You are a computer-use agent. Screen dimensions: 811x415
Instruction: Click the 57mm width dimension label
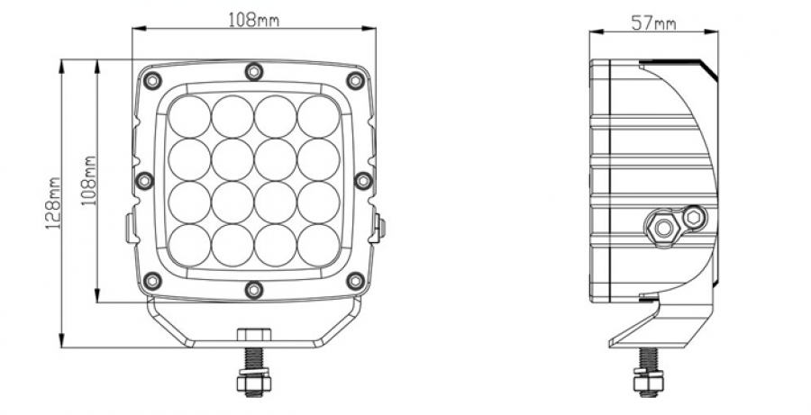(653, 23)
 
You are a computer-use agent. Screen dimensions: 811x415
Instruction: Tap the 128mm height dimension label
(53, 203)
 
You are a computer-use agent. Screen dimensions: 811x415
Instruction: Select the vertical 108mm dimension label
(89, 180)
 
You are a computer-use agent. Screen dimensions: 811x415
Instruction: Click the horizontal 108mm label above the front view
(253, 20)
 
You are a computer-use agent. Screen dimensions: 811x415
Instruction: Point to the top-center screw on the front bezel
(254, 71)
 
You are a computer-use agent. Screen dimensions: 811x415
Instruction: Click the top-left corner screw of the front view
(152, 80)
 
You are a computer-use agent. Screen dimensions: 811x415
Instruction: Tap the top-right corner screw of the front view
(355, 80)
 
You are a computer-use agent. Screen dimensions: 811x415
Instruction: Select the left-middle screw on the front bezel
(144, 180)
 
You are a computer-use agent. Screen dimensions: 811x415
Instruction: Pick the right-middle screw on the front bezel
(364, 180)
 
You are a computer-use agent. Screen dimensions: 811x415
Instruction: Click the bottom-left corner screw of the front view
(152, 281)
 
